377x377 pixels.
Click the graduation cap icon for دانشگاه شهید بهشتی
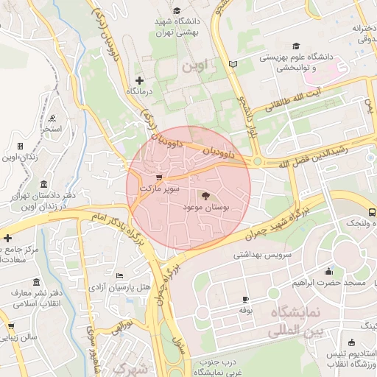177,10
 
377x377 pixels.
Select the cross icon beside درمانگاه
140,80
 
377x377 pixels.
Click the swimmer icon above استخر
52,118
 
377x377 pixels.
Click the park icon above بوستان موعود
205,195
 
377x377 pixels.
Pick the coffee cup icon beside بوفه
245,300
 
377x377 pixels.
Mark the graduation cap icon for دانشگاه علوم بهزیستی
296,46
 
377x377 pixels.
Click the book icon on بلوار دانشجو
233,65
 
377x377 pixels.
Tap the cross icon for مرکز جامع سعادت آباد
7,238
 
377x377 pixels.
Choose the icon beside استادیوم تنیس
352,342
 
